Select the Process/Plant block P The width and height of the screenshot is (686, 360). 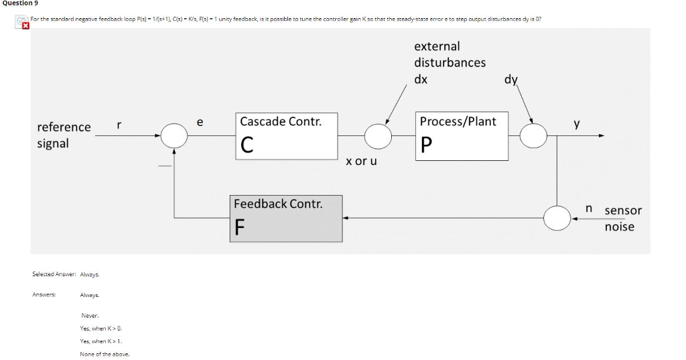463,136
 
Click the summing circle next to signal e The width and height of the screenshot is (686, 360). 176,135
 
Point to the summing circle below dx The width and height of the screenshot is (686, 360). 379,136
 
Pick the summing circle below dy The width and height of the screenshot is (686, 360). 534,136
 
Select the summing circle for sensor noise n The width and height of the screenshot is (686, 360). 557,218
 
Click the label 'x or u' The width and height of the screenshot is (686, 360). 361,162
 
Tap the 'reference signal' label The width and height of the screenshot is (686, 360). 64,135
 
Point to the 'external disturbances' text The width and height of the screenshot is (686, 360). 450,54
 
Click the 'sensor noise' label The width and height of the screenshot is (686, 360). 623,219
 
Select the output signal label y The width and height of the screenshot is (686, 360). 576,124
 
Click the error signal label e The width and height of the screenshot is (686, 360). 200,122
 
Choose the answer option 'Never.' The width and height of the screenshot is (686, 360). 90,315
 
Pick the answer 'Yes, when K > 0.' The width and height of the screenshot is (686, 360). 100,328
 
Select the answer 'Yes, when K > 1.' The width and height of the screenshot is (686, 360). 100,341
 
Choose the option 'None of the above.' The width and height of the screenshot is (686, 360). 105,353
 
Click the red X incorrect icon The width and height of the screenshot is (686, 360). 25,26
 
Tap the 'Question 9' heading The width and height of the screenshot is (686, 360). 19,3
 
